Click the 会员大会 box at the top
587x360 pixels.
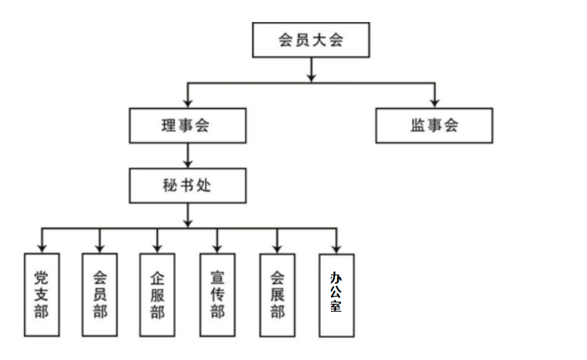(311, 40)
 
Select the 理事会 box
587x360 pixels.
(187, 125)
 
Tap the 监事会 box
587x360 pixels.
(434, 125)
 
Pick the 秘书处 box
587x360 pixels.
(187, 186)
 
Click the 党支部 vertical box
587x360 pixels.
(41, 294)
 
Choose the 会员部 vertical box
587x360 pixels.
(100, 294)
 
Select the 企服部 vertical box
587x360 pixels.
(157, 294)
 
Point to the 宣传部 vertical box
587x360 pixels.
(217, 294)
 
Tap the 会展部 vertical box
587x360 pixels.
(277, 294)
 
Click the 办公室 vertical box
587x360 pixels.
(336, 295)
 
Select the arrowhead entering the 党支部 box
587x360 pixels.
(41, 248)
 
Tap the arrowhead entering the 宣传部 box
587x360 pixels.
(217, 248)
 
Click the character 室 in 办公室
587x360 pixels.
(336, 307)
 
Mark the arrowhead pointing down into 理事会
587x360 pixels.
(187, 103)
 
